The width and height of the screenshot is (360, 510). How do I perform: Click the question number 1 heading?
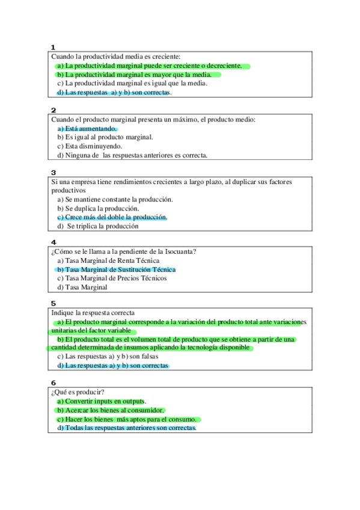click(x=53, y=47)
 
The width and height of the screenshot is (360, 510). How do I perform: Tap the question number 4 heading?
click(x=53, y=242)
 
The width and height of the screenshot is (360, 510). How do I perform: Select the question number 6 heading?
click(x=53, y=382)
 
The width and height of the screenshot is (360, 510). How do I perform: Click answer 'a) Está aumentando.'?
click(x=87, y=129)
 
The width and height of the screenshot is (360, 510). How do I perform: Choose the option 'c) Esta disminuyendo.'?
click(x=90, y=146)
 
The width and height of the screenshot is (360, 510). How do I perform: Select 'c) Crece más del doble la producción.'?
click(x=112, y=217)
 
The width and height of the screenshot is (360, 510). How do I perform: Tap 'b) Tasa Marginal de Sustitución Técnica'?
click(x=116, y=269)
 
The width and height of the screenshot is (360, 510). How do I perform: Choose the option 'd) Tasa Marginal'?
click(x=82, y=287)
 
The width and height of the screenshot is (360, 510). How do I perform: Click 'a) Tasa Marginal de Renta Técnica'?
click(x=108, y=261)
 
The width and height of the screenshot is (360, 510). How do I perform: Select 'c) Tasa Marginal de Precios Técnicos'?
click(x=112, y=278)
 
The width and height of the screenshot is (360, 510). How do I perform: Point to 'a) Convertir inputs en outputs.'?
click(x=102, y=401)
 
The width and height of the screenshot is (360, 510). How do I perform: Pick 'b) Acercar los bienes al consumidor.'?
click(x=111, y=410)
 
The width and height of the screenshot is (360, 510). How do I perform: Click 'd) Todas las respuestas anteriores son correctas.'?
click(x=127, y=428)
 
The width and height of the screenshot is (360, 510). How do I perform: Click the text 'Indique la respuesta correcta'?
click(x=93, y=313)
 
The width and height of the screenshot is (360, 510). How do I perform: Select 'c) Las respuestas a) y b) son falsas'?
click(x=108, y=357)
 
